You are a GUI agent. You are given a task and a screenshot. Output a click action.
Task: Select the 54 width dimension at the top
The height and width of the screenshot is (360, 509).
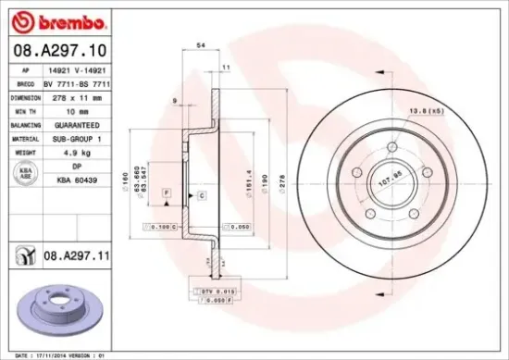point(200,44)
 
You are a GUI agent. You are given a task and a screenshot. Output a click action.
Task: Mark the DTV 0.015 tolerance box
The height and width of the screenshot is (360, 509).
point(214,292)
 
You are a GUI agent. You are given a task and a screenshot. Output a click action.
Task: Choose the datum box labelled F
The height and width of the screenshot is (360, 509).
point(166,191)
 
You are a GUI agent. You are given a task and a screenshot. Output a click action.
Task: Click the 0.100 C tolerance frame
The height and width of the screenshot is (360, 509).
point(158,226)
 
